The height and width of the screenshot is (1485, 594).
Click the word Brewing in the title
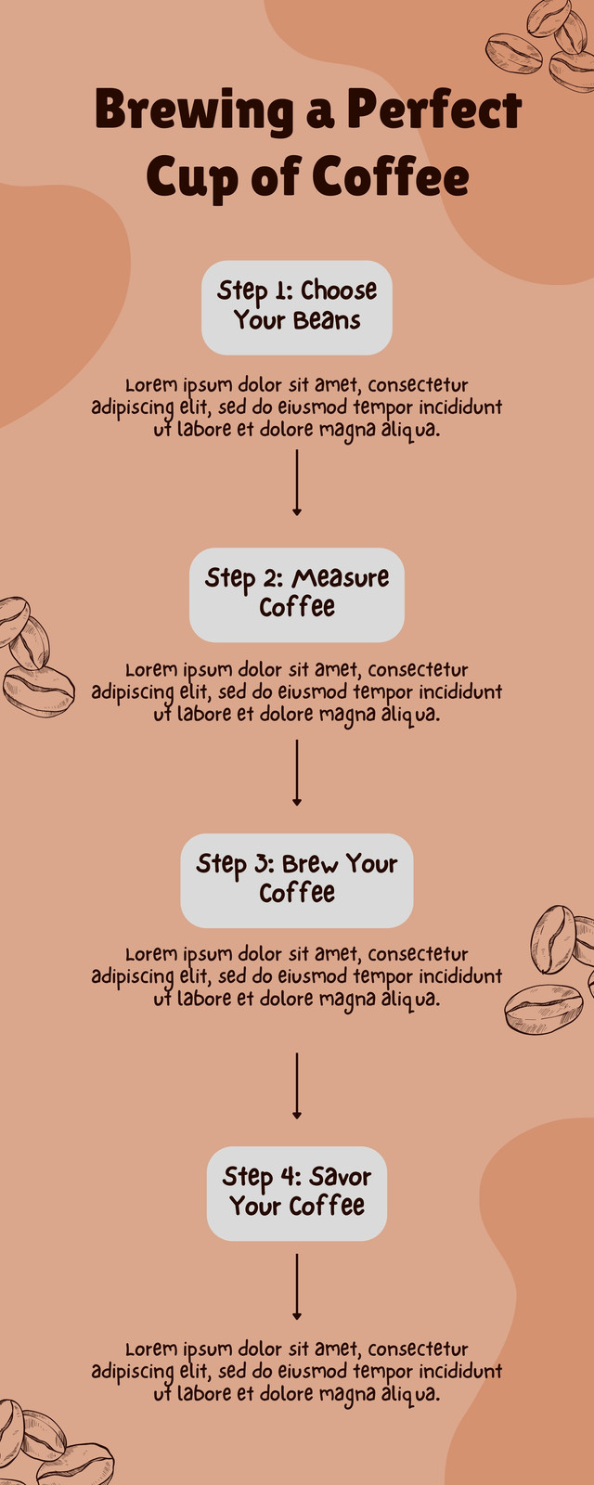(x=194, y=110)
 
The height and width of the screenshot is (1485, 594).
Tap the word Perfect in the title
(x=434, y=109)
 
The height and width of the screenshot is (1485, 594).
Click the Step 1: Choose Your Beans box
(x=296, y=307)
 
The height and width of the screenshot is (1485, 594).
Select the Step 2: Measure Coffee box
(x=296, y=595)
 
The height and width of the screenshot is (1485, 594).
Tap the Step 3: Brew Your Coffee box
(x=296, y=881)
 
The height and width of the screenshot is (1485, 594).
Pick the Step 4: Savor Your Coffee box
(x=296, y=1194)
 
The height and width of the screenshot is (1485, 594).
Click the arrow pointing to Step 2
(x=296, y=483)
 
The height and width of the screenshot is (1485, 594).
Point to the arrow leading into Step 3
(x=296, y=773)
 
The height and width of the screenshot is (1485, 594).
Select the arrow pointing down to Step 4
(x=296, y=1086)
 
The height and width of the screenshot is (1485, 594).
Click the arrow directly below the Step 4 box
(x=296, y=1286)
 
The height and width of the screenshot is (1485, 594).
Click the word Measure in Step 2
(x=341, y=578)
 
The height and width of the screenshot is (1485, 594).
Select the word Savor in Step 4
(x=340, y=1177)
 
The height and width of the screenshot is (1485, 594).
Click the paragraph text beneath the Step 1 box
(x=296, y=407)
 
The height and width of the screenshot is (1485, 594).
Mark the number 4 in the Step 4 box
(x=289, y=1176)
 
